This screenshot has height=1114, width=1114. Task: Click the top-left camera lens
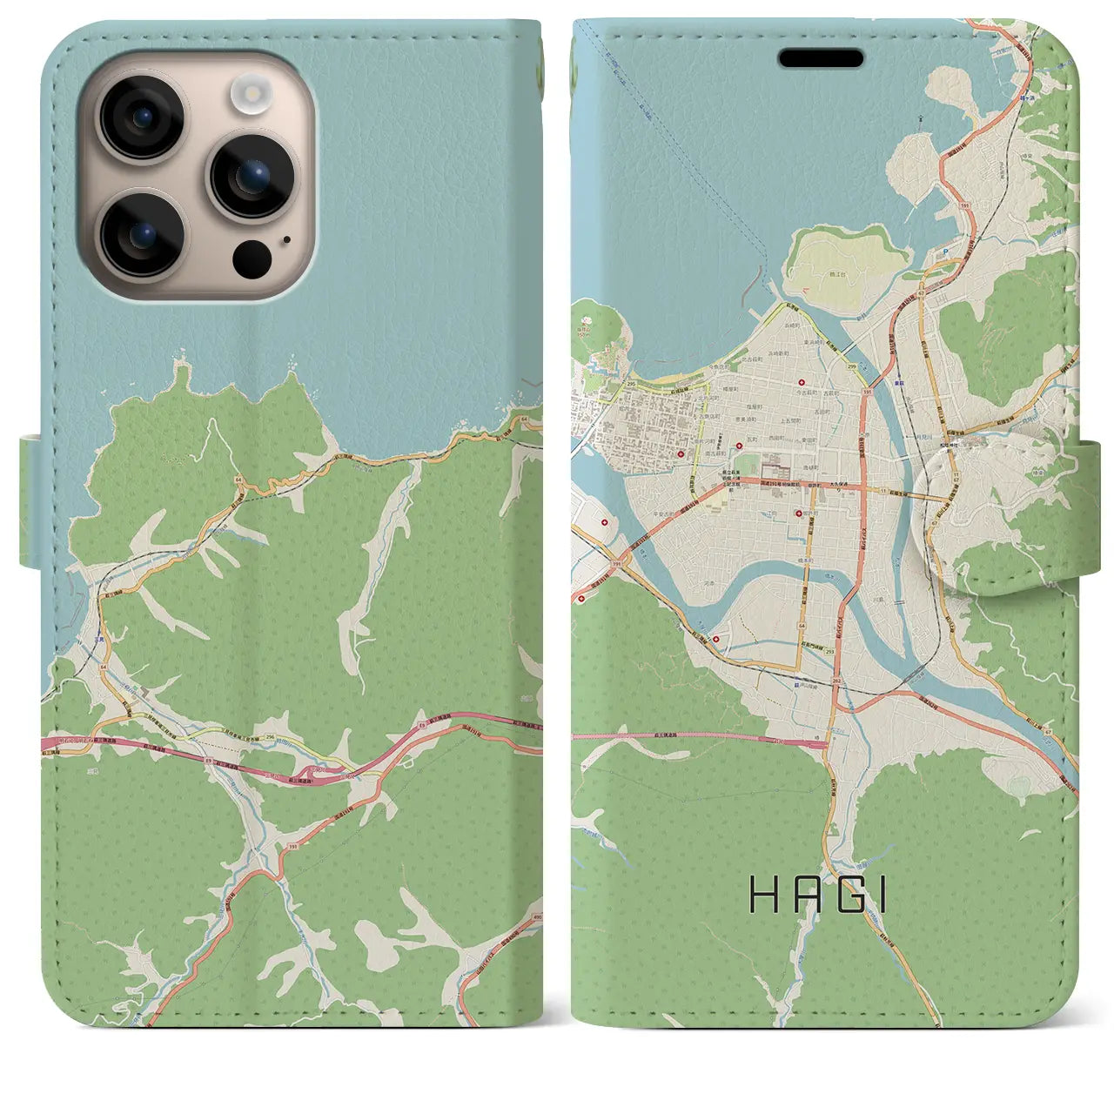[x=140, y=118]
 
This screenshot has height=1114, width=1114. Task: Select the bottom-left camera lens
[x=140, y=233]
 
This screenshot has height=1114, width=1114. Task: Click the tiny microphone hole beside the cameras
[x=287, y=239]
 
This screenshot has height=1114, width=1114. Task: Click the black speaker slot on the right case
[x=821, y=58]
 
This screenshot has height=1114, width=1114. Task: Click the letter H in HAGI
[x=764, y=896]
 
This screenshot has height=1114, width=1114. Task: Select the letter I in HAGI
[x=882, y=896]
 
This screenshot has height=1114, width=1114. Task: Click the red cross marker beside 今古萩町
[x=801, y=382]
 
